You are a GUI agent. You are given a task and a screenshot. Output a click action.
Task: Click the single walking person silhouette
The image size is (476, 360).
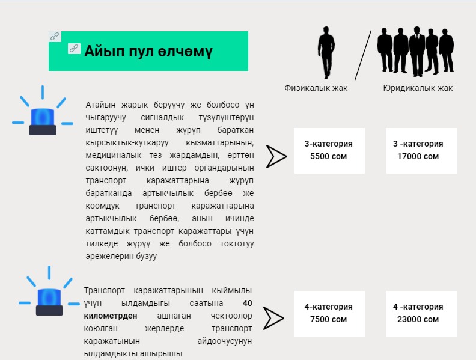[x=326, y=52]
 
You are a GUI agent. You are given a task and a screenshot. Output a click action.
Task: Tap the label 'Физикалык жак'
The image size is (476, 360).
[x=316, y=88]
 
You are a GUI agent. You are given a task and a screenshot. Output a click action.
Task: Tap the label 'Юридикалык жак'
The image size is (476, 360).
[x=418, y=88]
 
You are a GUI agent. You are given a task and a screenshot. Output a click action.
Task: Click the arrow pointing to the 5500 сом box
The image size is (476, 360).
[x=276, y=156]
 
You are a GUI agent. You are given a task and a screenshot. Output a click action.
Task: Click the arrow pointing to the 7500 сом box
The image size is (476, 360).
[x=273, y=319]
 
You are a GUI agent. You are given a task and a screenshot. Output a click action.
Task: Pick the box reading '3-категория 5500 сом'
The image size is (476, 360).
[x=329, y=150]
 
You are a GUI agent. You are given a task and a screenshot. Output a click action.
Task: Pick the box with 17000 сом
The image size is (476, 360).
[x=421, y=150]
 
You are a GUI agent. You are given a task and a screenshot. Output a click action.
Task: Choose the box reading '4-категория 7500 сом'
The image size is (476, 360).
[x=329, y=313]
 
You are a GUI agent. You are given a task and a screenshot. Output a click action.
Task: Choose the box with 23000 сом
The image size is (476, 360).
[x=421, y=313]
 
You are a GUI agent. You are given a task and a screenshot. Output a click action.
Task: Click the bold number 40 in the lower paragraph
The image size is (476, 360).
[x=247, y=303]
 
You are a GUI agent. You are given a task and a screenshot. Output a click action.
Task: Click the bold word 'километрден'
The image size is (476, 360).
[x=111, y=316]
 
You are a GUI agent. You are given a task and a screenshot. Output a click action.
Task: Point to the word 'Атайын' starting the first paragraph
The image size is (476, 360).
[x=99, y=104]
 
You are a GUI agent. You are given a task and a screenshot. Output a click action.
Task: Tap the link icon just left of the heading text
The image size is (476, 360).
[x=75, y=48]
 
